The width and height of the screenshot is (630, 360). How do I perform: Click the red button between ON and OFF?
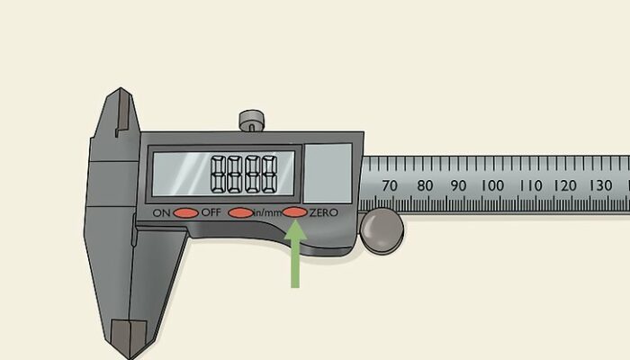[x=185, y=213]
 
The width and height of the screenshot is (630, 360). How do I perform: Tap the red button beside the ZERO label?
[x=294, y=212]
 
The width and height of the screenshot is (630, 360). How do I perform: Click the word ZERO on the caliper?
[x=323, y=212]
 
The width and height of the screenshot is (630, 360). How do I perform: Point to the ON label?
[x=161, y=213]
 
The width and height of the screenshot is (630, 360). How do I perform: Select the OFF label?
[x=211, y=213]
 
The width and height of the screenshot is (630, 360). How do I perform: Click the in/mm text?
[x=266, y=212]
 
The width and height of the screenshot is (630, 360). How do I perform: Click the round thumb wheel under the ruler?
[x=382, y=231]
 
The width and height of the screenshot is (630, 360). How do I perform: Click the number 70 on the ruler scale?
[x=390, y=185]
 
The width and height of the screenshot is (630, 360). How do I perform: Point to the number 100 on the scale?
[x=491, y=185]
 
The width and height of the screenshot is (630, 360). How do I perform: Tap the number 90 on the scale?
[x=457, y=185]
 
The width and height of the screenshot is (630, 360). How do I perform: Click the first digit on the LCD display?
[x=219, y=172]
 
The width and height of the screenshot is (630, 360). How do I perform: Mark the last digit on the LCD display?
[x=267, y=172]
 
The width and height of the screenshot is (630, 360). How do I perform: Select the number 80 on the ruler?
[x=424, y=185]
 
